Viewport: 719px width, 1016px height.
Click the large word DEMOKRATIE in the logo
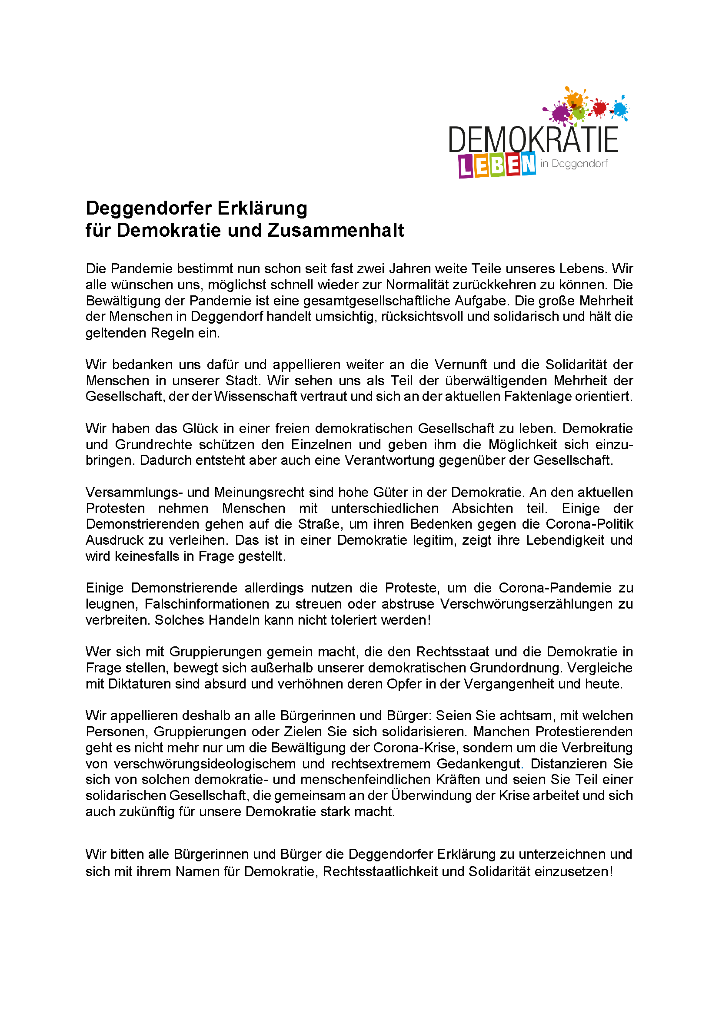point(533,139)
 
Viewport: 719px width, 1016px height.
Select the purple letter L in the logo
point(466,167)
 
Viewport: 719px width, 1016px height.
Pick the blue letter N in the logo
point(528,164)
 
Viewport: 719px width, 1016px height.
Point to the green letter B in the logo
point(497,165)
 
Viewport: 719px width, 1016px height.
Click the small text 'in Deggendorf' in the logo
point(574,164)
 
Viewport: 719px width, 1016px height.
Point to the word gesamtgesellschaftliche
point(377,301)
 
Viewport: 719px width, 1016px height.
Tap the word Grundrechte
point(153,444)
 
